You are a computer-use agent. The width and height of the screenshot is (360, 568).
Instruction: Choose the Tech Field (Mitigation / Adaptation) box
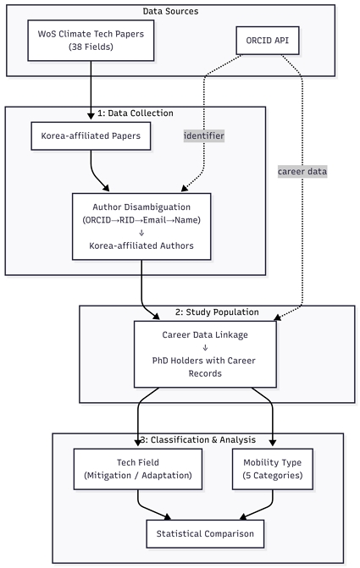click(x=139, y=470)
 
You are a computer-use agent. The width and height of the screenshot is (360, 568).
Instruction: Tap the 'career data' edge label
click(x=302, y=172)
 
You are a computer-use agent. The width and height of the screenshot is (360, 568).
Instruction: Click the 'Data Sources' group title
click(x=170, y=13)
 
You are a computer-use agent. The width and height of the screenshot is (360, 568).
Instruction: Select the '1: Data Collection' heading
click(x=136, y=113)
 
